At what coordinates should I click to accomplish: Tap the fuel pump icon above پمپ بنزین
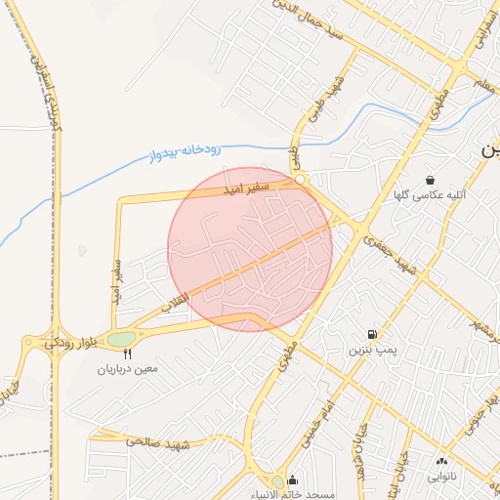point(372,334)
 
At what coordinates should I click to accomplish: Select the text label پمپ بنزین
point(372,349)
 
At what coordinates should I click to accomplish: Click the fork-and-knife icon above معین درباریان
point(127,354)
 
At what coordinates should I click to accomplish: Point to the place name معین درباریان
point(127,370)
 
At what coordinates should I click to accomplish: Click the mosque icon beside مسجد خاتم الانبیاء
point(293,480)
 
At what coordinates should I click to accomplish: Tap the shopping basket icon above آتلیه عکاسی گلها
point(431,180)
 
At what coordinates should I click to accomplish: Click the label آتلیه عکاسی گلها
point(431,195)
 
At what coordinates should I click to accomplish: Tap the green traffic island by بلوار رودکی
point(122,339)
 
